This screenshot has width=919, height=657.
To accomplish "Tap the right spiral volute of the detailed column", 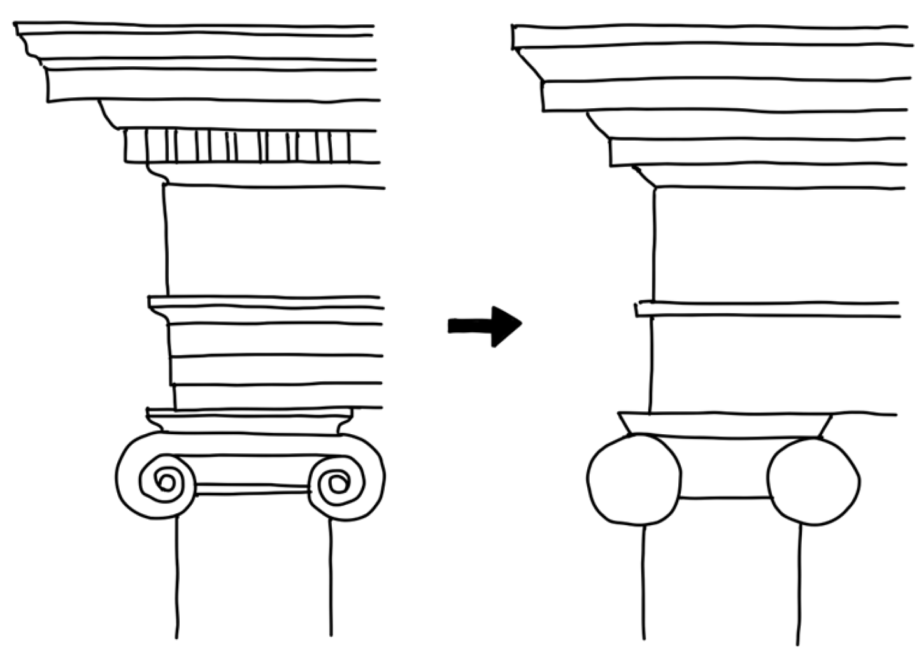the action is [336, 483].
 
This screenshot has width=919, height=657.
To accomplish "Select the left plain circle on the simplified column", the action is [633, 479].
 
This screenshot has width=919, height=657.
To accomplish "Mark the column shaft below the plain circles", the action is [721, 579].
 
